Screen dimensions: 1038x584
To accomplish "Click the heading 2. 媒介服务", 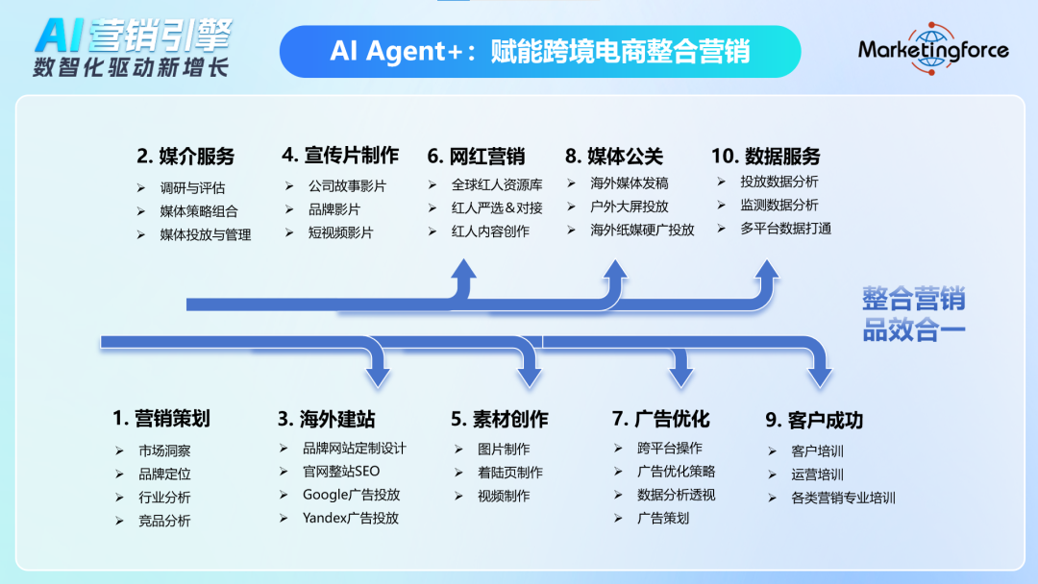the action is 186,157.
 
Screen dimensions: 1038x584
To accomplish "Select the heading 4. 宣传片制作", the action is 340,156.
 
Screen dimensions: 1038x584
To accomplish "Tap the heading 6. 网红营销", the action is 476,157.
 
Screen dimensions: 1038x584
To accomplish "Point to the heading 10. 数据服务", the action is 766,157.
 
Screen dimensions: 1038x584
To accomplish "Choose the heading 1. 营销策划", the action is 161,418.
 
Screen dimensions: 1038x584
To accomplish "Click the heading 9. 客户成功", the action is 814,420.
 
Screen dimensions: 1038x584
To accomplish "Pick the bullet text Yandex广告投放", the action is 351,518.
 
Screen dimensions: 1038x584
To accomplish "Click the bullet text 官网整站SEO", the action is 341,472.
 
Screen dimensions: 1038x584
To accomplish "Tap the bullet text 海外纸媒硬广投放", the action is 642,230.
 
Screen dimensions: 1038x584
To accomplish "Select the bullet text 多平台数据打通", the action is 786,229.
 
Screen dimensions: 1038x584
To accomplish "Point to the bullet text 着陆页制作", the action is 510,473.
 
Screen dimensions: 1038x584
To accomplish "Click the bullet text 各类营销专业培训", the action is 844,498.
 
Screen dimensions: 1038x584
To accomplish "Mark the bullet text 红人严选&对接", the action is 497,208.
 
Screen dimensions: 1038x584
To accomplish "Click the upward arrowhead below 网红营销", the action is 464,271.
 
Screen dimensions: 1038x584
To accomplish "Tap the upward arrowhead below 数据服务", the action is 767,271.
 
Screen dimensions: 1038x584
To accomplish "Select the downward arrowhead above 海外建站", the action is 378,377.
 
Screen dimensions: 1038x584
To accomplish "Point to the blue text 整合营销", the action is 914,299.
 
